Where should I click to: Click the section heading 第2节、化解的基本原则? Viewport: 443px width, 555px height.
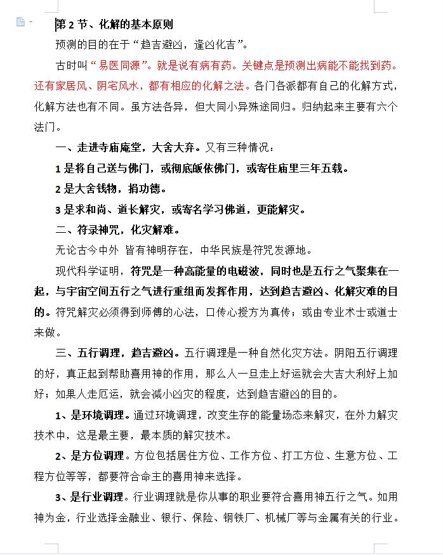pos(114,25)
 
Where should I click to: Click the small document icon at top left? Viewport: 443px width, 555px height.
pos(21,22)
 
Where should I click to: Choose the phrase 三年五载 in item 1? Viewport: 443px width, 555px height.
pos(324,169)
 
